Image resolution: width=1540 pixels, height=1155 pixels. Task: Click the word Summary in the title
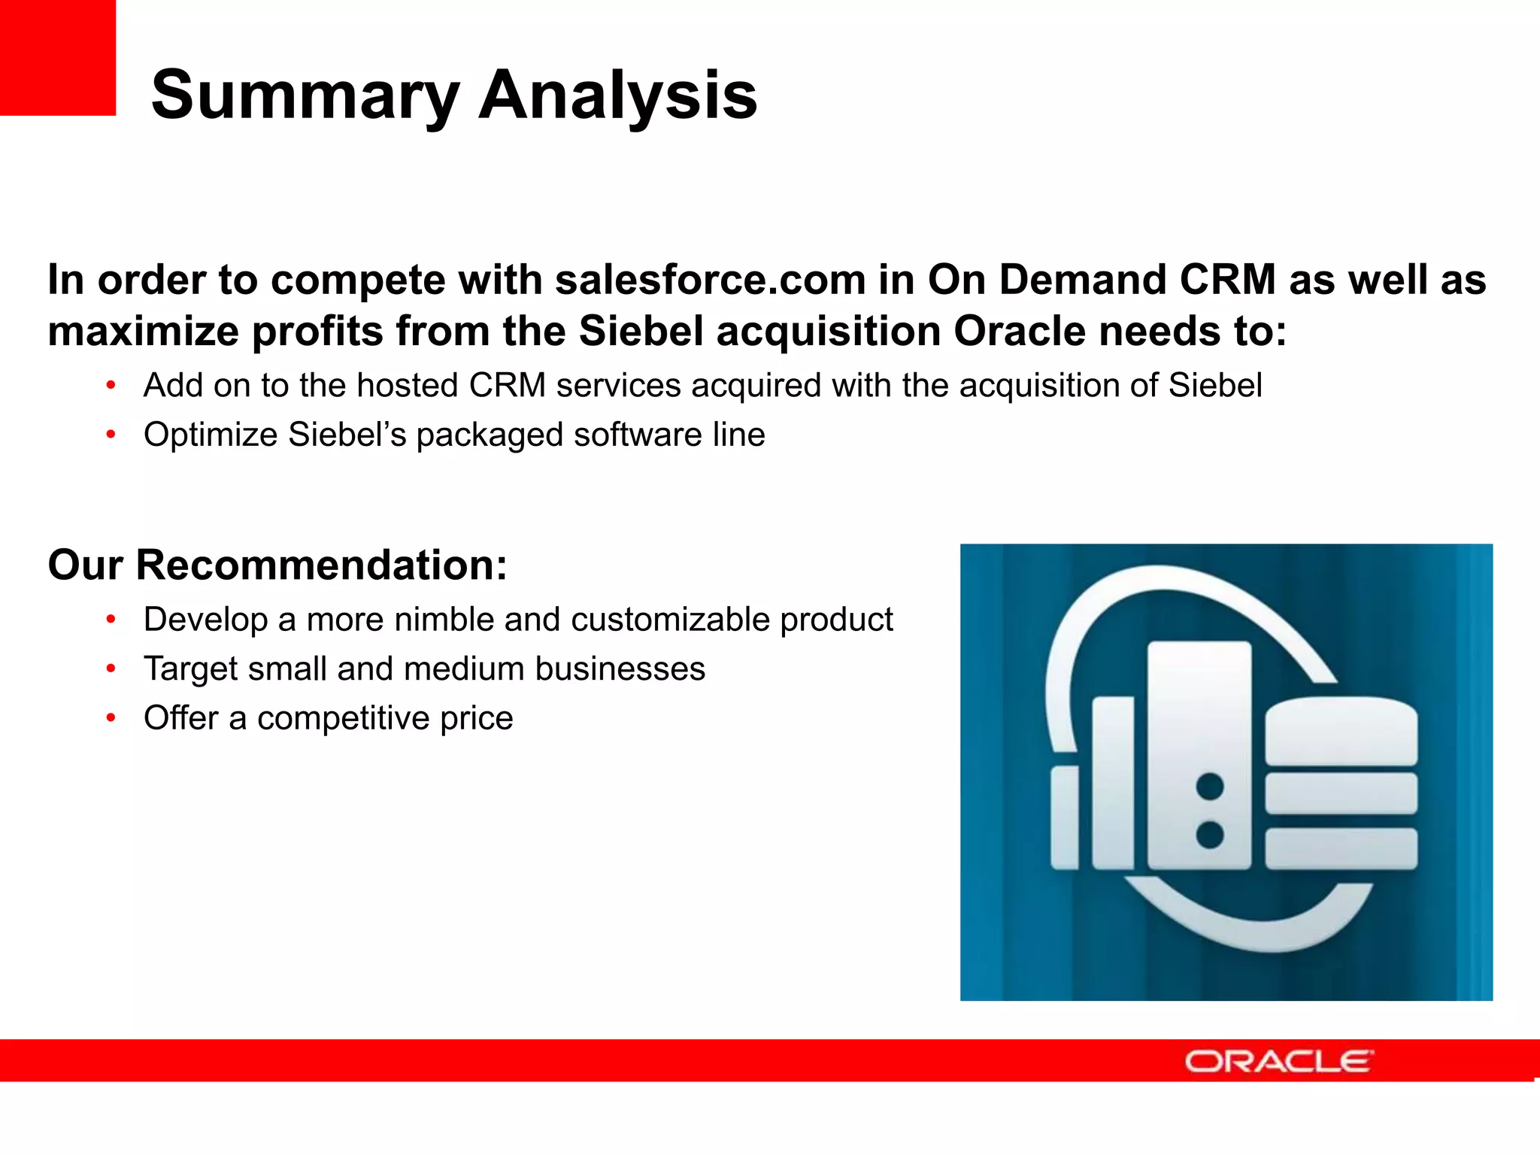pyautogui.click(x=305, y=95)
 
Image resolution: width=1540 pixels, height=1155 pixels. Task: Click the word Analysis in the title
pyautogui.click(x=617, y=95)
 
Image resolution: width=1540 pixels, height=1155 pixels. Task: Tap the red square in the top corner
pyautogui.click(x=57, y=57)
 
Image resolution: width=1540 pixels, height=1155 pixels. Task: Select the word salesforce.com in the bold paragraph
pyautogui.click(x=710, y=280)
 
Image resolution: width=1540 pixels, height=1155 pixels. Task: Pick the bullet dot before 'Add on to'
pyautogui.click(x=111, y=386)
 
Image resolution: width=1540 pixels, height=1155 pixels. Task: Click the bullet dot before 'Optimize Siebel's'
pyautogui.click(x=111, y=435)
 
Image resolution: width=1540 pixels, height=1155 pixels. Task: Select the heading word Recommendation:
pyautogui.click(x=321, y=565)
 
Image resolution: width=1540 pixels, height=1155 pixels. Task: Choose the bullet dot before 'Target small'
pyautogui.click(x=111, y=668)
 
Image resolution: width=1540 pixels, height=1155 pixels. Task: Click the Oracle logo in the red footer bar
pyautogui.click(x=1278, y=1061)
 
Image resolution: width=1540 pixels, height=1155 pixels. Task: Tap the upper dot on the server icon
pyautogui.click(x=1209, y=787)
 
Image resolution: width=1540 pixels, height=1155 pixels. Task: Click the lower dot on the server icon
pyautogui.click(x=1209, y=835)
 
